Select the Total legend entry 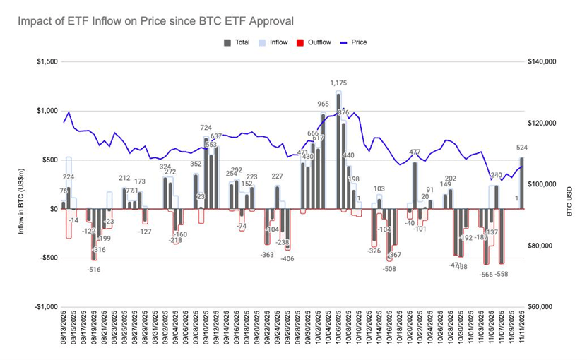point(238,42)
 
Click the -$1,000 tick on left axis point(46,307)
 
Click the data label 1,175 point(338,83)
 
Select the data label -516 point(94,270)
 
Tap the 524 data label point(523,148)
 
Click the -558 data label point(503,274)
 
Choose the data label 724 point(206,128)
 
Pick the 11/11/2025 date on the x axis point(522,332)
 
